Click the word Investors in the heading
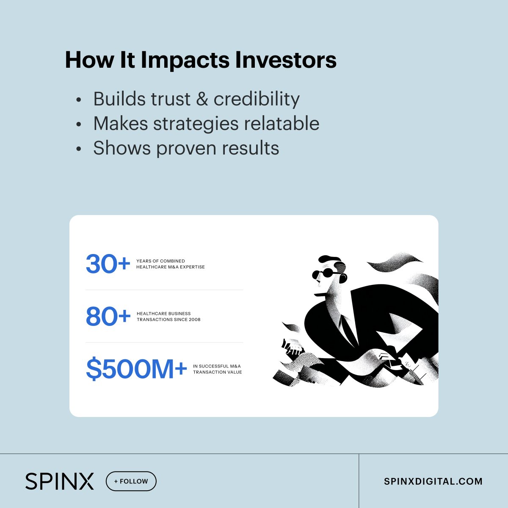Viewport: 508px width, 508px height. (x=286, y=60)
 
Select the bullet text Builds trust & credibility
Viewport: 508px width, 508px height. (x=196, y=99)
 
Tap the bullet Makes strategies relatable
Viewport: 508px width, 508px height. (x=206, y=124)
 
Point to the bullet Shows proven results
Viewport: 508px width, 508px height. (x=186, y=148)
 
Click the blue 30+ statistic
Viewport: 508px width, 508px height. (x=108, y=264)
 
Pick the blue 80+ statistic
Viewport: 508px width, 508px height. (x=108, y=317)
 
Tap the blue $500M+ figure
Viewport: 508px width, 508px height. (x=136, y=369)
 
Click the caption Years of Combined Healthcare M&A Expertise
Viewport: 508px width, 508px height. (x=170, y=264)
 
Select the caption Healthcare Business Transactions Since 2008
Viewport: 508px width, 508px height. (x=168, y=317)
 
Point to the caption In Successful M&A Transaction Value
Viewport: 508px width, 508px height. (x=217, y=369)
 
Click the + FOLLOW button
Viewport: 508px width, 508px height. (x=131, y=481)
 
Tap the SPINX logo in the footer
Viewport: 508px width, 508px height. (x=59, y=481)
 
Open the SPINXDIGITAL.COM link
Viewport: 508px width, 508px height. (x=433, y=481)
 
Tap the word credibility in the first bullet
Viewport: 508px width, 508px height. (x=257, y=99)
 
